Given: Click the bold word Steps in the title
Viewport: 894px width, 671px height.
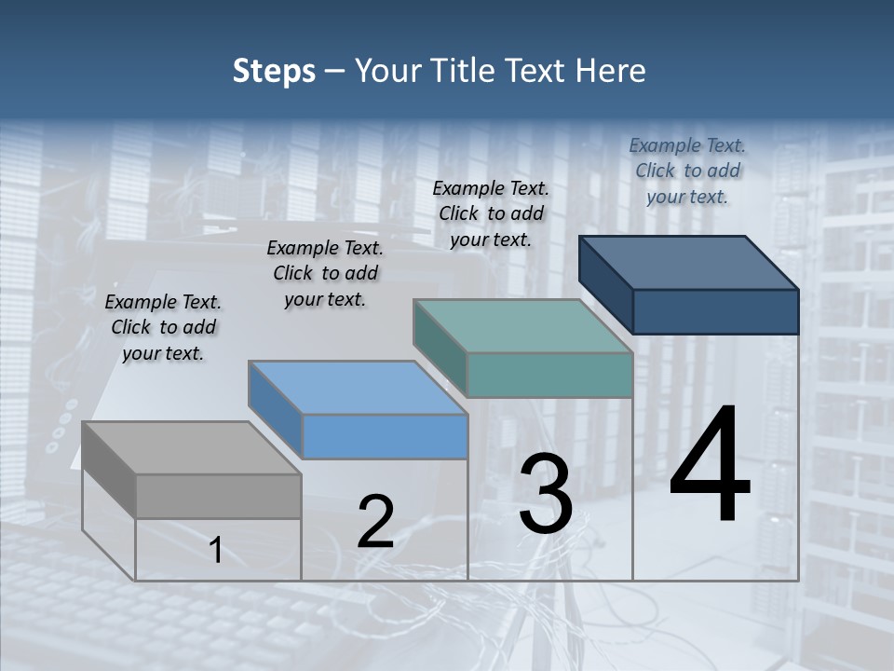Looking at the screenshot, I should (274, 71).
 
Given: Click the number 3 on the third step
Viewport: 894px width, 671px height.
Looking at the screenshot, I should (546, 494).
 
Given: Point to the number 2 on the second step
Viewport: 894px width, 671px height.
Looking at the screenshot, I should (375, 522).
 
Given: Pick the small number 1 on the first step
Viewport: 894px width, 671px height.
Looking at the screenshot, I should (216, 551).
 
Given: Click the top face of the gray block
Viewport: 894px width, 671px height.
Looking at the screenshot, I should (192, 447).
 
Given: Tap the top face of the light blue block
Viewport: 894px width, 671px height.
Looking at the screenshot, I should (358, 388).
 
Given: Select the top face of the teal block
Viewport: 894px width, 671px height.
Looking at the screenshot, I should (522, 326).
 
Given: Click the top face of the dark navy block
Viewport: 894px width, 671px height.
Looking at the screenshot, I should (689, 262).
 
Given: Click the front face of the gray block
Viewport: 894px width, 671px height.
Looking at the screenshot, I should (219, 496).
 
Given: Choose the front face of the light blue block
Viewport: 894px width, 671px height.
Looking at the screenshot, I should (385, 436).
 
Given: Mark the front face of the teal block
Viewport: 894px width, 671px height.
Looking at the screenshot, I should (549, 376).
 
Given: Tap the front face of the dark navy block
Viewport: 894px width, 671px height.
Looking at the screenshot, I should (715, 311).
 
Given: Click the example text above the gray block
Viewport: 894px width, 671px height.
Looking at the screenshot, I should (163, 327).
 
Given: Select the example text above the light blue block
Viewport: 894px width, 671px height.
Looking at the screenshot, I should (324, 273).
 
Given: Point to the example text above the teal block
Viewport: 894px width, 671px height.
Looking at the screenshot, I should (491, 213).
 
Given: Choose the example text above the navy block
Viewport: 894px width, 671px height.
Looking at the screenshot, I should (687, 171).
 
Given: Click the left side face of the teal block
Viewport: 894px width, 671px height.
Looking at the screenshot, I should (440, 346).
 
